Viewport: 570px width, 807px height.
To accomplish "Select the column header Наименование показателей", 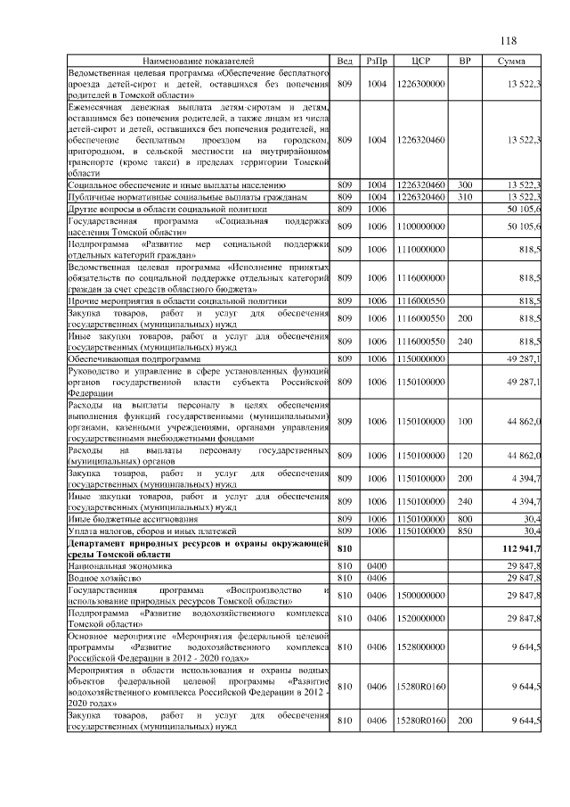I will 198,61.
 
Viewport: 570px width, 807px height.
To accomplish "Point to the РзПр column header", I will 377,61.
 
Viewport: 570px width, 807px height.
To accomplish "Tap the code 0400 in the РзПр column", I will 377,565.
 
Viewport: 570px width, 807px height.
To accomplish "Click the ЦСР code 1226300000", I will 421,84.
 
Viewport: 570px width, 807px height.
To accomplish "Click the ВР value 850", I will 464,531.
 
